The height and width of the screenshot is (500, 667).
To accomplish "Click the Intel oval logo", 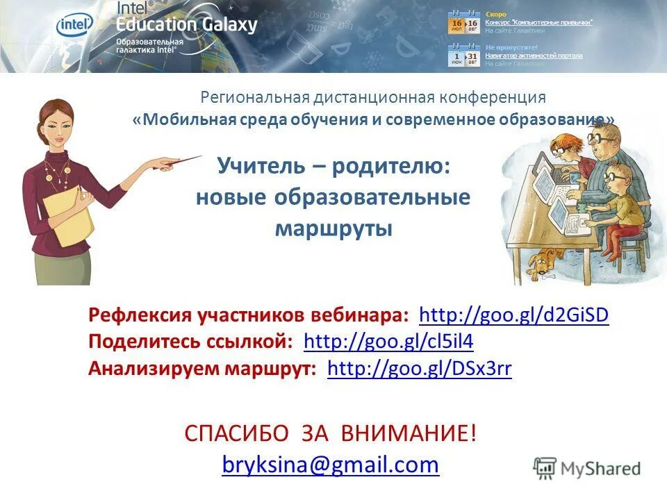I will coord(74,26).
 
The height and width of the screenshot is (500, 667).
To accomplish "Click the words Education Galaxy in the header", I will coord(187,25).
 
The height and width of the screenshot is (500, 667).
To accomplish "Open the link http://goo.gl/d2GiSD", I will coord(514,315).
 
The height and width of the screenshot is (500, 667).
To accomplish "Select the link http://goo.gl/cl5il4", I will coord(388,342).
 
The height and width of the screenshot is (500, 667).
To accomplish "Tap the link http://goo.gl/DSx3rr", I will coord(419,369).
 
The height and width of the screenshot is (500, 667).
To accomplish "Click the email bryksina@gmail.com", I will coord(331,464).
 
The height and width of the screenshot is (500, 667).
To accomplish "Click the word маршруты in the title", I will coord(333,228).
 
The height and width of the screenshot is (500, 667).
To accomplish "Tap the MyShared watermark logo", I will coord(587,469).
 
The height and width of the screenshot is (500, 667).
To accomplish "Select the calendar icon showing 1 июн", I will coord(456,56).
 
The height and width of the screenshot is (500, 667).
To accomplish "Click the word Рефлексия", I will coord(139,315).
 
